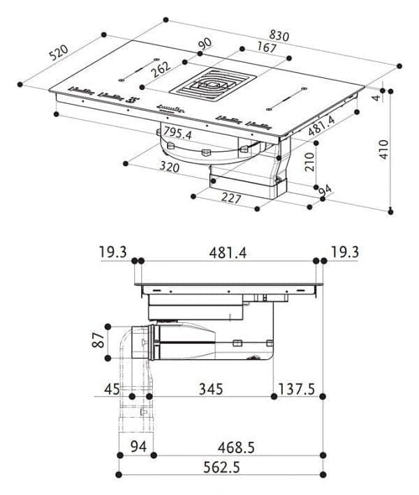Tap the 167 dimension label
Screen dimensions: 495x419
[x=266, y=48]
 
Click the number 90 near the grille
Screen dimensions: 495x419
[x=205, y=44]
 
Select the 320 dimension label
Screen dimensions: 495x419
[x=169, y=167]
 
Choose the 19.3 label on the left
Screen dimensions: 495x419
[x=114, y=252]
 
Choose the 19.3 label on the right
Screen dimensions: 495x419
[x=344, y=252]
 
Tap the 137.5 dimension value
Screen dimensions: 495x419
[x=298, y=388]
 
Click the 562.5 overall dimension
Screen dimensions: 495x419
[x=220, y=468]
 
